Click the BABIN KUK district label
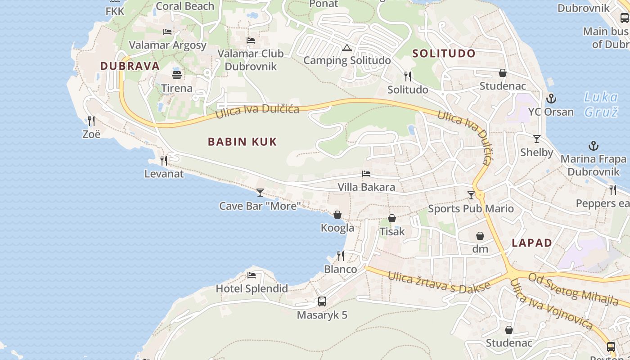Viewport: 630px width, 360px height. tap(242, 142)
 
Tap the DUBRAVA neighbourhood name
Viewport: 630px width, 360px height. tap(130, 66)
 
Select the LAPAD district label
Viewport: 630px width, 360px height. tap(532, 243)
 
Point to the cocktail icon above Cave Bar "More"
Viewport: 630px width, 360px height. tap(260, 193)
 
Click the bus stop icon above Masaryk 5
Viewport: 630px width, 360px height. tap(322, 301)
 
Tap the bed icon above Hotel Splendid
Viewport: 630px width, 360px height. tap(251, 275)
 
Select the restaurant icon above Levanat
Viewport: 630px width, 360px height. tap(164, 160)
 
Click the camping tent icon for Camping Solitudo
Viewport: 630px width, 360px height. tap(346, 48)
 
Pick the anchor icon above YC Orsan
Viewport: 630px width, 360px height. tap(551, 98)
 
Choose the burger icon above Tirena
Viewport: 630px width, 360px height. tap(176, 75)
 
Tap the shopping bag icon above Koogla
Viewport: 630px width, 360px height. tap(337, 215)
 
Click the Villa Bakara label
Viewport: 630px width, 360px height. tap(366, 187)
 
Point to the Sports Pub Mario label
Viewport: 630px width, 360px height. tap(471, 208)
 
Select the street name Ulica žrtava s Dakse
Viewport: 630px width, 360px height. tap(439, 282)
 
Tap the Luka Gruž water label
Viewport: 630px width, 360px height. tap(601, 104)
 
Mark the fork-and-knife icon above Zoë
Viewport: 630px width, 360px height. tap(91, 121)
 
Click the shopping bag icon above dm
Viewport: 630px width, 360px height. tap(480, 236)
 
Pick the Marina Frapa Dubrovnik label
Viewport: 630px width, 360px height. tap(593, 165)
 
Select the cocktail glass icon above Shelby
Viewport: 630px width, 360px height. tap(536, 139)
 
